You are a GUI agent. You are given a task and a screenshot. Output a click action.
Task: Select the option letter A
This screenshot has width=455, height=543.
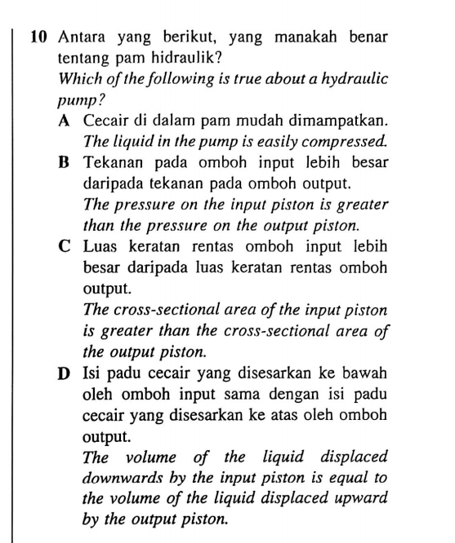pyautogui.click(x=65, y=121)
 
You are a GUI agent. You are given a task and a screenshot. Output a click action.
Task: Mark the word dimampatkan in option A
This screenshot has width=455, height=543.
pyautogui.click(x=337, y=121)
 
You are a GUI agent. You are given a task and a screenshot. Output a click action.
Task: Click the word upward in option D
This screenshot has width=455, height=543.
pyautogui.click(x=359, y=498)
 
